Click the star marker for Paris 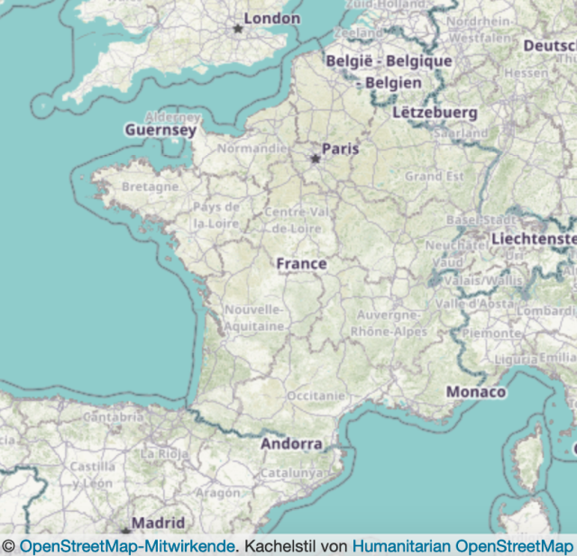click(316, 159)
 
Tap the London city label click(271, 18)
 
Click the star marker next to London click(238, 29)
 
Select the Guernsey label click(160, 130)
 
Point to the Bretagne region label click(150, 187)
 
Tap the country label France click(301, 263)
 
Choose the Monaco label click(475, 393)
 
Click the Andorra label click(291, 443)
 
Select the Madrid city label click(159, 523)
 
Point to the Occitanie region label click(316, 396)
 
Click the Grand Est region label click(434, 176)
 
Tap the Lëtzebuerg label click(435, 113)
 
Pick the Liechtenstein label click(533, 239)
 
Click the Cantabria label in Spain click(113, 417)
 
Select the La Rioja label click(162, 452)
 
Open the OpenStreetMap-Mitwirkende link click(127, 546)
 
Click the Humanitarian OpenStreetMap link click(462, 546)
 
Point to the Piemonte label click(491, 333)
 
